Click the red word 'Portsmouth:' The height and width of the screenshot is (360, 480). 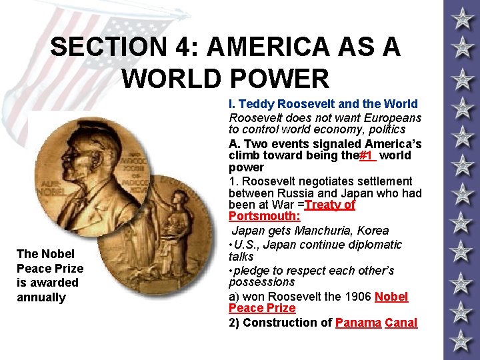pyautogui.click(x=265, y=217)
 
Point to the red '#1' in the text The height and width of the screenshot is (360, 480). pyautogui.click(x=367, y=156)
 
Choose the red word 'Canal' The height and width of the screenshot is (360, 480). pyautogui.click(x=401, y=323)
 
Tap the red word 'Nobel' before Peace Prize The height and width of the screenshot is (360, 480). pyautogui.click(x=392, y=297)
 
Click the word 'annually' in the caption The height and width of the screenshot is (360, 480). pyautogui.click(x=41, y=297)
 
